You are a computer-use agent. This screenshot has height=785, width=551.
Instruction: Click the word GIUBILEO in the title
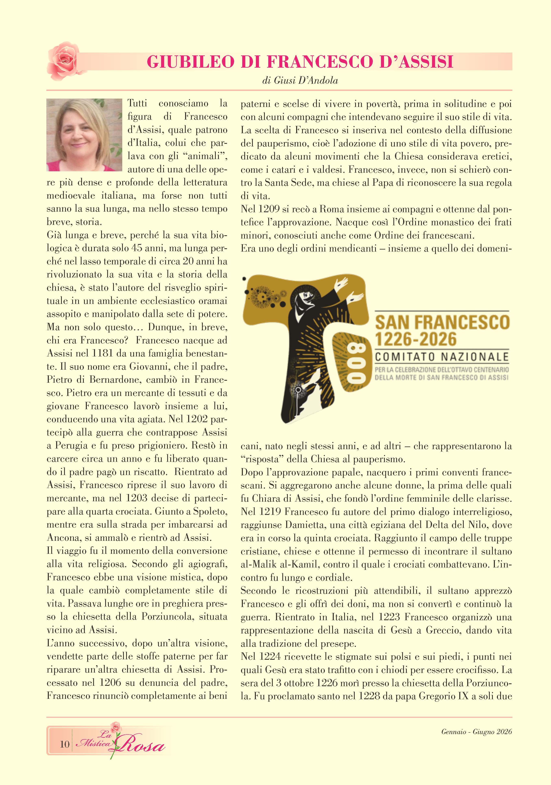pos(191,62)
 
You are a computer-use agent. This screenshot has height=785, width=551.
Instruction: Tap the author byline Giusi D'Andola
pos(300,81)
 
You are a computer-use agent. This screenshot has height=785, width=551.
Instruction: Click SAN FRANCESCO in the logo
pos(442,322)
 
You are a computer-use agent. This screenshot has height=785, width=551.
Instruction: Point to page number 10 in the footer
pos(64,744)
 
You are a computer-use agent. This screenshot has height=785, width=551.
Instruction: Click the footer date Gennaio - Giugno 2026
pos(476,732)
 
